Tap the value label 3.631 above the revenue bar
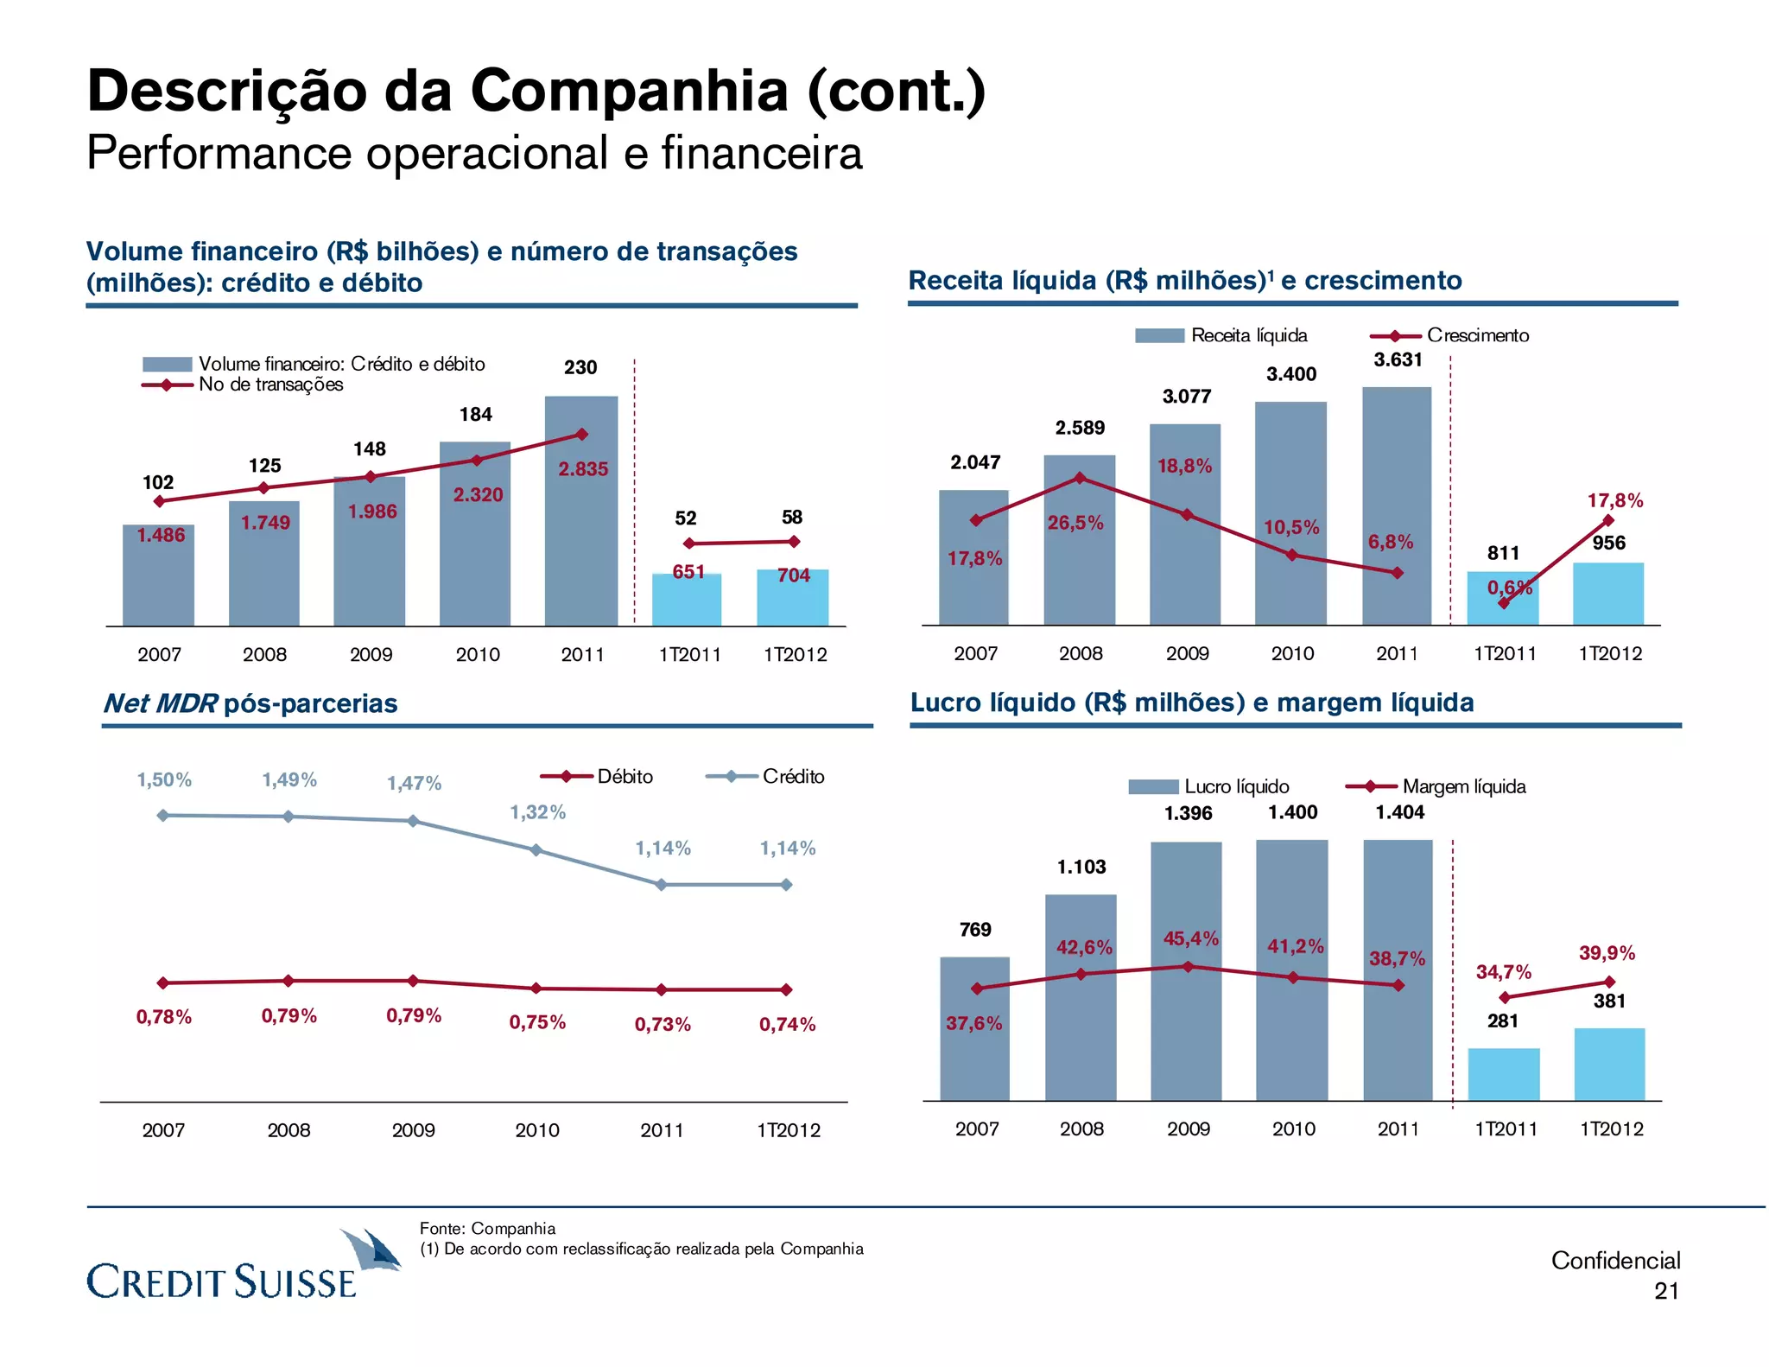(1398, 359)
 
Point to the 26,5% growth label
(1075, 523)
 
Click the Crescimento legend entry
(1450, 335)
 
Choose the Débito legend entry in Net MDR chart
(598, 776)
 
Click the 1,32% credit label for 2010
(537, 812)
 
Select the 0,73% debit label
(663, 1024)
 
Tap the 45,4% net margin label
(1190, 938)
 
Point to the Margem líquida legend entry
(1437, 786)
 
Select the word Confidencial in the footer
(1614, 1261)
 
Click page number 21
(1666, 1291)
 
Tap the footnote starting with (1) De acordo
(641, 1249)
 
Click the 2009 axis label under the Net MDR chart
(413, 1130)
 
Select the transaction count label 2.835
(583, 469)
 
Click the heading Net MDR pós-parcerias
(250, 703)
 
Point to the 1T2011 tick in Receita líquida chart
(1504, 654)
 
